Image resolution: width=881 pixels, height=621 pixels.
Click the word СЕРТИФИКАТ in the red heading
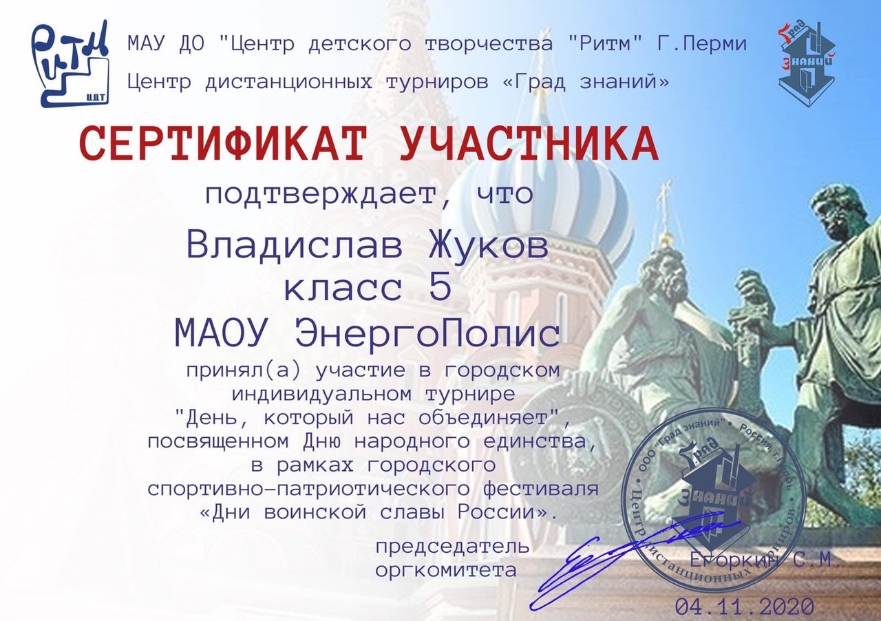(223, 144)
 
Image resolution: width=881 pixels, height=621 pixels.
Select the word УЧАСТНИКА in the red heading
(529, 144)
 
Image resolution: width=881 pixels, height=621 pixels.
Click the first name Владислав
(295, 246)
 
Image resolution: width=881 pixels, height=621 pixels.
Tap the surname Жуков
(489, 246)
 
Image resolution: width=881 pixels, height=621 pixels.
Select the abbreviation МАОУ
(220, 333)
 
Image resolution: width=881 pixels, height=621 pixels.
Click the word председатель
(453, 547)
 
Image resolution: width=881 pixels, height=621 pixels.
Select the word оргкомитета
(446, 571)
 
